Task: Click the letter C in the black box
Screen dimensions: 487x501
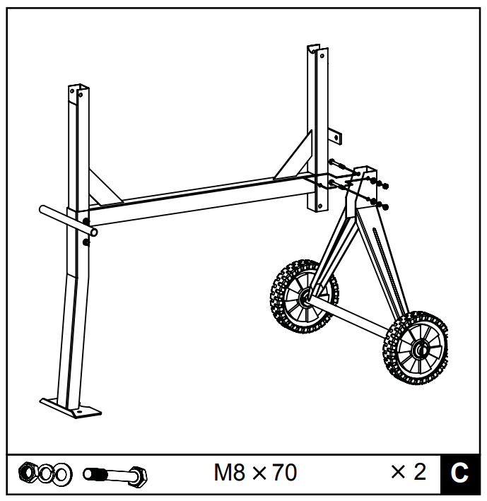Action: (459, 472)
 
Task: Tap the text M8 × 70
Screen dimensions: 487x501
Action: (255, 472)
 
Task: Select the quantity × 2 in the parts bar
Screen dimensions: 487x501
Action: (409, 471)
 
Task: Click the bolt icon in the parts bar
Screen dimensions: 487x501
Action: (115, 474)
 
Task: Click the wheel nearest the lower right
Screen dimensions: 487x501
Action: (416, 348)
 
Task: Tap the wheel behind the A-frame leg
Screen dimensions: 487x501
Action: (304, 297)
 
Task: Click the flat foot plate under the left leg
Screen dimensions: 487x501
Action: (70, 408)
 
